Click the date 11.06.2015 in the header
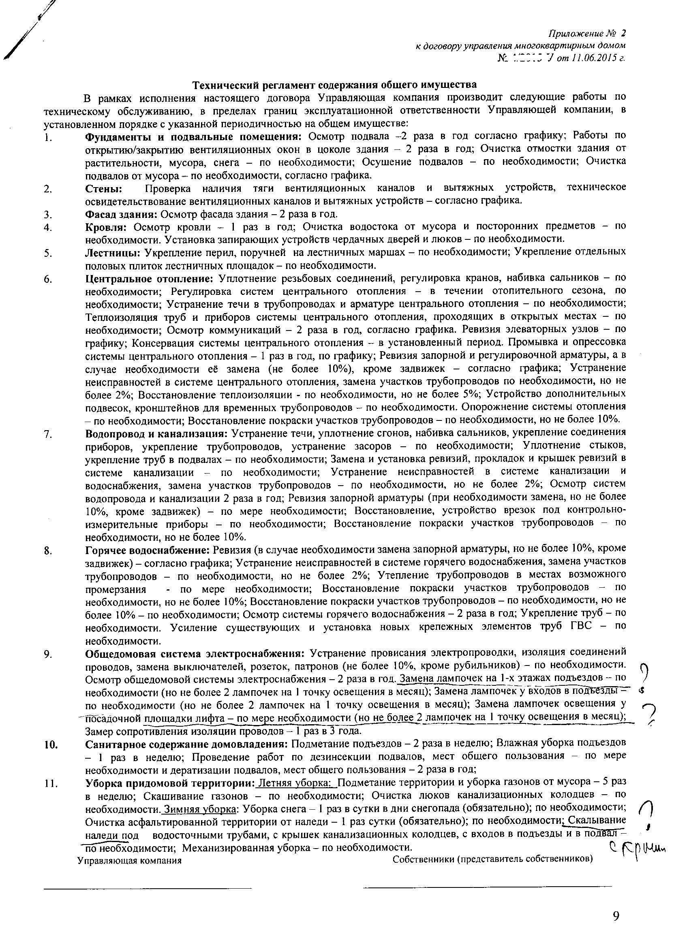(x=591, y=58)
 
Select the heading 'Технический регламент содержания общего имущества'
(x=334, y=85)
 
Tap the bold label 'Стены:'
(x=104, y=188)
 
